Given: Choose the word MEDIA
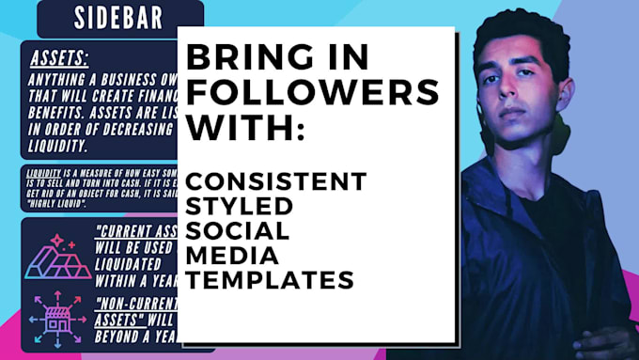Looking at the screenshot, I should pos(231,255).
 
